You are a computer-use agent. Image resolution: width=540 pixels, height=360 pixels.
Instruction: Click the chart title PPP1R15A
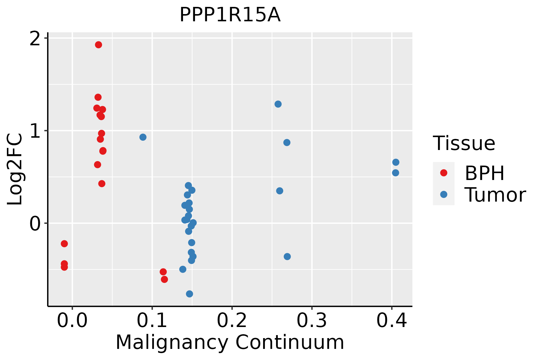point(230,15)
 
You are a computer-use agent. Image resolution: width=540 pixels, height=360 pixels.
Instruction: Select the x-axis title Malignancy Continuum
point(230,343)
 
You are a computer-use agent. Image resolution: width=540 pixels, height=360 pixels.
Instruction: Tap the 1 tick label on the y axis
point(36,131)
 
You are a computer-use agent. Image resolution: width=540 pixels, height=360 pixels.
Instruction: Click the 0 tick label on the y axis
point(35,223)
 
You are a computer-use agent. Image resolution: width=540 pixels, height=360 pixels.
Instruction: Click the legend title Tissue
point(464,143)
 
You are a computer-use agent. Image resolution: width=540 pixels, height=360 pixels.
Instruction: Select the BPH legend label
point(484,173)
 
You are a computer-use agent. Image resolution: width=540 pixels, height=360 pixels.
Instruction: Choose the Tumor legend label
point(495,195)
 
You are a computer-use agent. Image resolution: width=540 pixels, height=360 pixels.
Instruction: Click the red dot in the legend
point(443,173)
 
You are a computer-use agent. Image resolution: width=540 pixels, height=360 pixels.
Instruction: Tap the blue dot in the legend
point(443,194)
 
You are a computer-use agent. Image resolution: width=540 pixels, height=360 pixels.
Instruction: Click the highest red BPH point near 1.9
point(98,45)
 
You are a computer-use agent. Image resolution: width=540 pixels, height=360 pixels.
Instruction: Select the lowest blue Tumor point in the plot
point(189,294)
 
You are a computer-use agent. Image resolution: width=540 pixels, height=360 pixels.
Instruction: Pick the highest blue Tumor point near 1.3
point(278,104)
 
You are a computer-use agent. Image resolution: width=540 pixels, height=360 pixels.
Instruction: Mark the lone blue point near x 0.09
point(143,137)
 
